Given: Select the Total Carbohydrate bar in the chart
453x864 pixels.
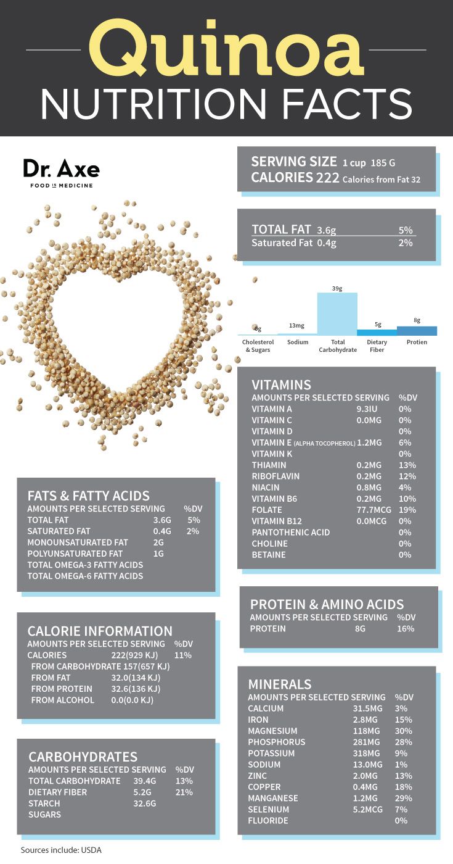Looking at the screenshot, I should tap(337, 314).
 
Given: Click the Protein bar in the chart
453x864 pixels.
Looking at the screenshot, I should tap(417, 331).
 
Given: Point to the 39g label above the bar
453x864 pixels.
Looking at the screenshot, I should tap(337, 288).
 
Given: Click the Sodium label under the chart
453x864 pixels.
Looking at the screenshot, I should tap(297, 342).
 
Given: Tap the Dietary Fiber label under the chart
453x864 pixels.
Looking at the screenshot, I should tap(377, 346).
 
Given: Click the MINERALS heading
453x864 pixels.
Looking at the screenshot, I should tap(279, 684).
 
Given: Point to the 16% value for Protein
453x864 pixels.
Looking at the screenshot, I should tap(406, 628).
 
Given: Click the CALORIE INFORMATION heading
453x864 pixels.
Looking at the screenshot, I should tap(100, 631).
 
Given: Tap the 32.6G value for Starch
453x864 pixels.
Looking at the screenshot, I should tap(145, 804).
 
